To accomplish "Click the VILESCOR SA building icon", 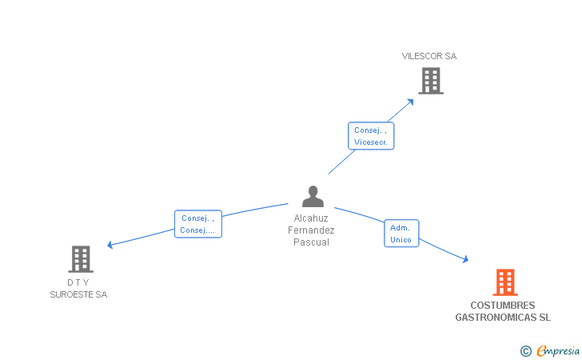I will coord(430,80).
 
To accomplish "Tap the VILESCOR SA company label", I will coord(429,56).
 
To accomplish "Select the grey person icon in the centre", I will coord(313,196).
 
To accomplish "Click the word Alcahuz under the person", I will coord(311,218).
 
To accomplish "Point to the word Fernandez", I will coord(311,230).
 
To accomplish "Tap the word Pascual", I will coord(311,242).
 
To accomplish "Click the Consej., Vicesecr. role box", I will coord(371,136).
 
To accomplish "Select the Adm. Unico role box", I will coord(401,234).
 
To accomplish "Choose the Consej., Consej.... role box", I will coord(197,224).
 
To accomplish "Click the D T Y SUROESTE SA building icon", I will coord(81,259).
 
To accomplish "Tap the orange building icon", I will coord(504,282).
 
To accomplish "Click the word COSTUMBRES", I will coord(503,306).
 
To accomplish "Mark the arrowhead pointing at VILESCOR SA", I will coord(411,101).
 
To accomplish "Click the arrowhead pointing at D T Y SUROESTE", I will coord(110,245).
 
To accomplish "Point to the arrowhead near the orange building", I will coord(464,258).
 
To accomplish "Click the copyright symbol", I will coord(525,350).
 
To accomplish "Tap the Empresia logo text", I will coord(559,350).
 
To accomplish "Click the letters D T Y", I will coord(78,282).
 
